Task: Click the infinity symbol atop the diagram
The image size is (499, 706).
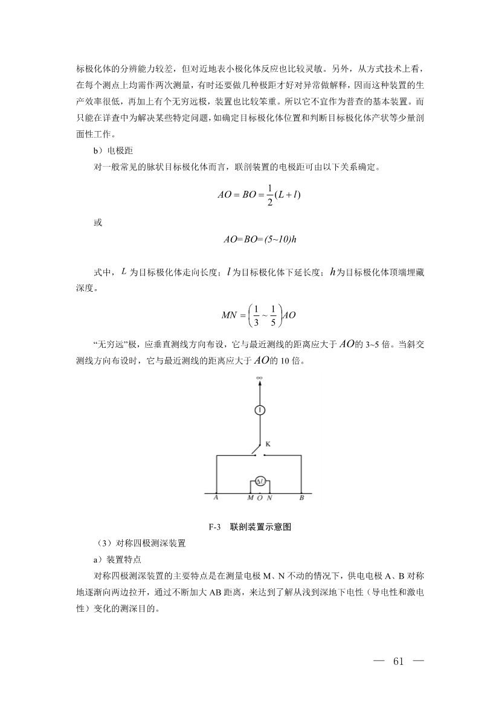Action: pyautogui.click(x=260, y=378)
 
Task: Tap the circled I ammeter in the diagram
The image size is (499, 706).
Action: pyautogui.click(x=260, y=410)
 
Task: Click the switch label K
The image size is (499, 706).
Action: pyautogui.click(x=268, y=444)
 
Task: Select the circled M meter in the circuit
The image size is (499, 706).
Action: pyautogui.click(x=260, y=481)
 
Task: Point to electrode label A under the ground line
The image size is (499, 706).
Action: pyautogui.click(x=216, y=498)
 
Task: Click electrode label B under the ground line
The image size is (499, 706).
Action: pyautogui.click(x=302, y=498)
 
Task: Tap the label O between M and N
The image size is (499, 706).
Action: pyautogui.click(x=260, y=499)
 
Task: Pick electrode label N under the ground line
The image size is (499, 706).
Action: pyautogui.click(x=269, y=499)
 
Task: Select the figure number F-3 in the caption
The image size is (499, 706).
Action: pyautogui.click(x=214, y=527)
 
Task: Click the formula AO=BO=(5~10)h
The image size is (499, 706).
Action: pyautogui.click(x=260, y=240)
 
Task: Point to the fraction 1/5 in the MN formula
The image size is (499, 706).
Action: pyautogui.click(x=273, y=315)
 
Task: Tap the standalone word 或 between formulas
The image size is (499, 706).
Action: pyautogui.click(x=98, y=223)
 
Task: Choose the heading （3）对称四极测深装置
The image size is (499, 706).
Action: pyautogui.click(x=137, y=543)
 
